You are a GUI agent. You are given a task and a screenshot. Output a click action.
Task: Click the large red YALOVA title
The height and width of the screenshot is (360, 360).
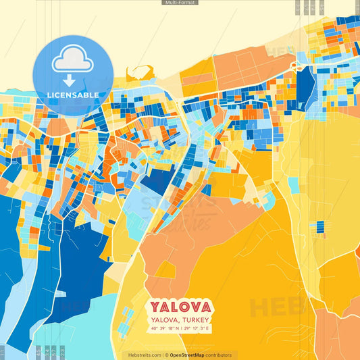[180, 306]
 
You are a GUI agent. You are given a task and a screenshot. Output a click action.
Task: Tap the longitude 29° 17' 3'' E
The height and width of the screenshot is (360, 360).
[197, 328]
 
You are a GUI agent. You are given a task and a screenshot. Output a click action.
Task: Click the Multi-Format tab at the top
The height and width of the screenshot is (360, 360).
[180, 3]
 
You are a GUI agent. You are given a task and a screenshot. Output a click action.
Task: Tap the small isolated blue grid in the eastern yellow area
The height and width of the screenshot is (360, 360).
[321, 228]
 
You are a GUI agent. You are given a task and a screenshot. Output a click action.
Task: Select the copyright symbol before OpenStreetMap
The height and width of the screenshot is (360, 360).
[165, 355]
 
